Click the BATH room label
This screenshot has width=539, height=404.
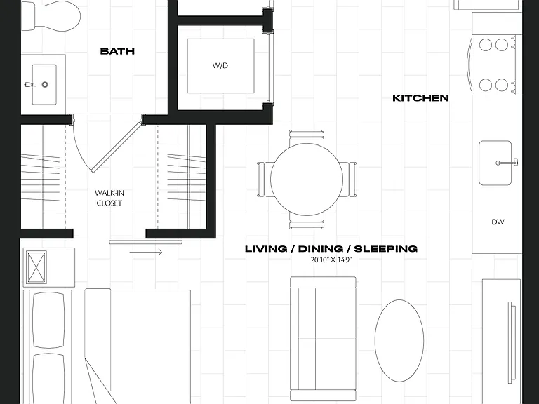(117, 51)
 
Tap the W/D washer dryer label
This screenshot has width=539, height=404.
(220, 66)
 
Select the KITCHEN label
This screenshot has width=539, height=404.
(421, 98)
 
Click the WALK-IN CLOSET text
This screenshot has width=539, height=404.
(109, 198)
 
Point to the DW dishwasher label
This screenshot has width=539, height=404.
(498, 222)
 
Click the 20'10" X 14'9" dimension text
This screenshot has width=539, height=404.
(331, 260)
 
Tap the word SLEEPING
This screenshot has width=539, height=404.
(386, 249)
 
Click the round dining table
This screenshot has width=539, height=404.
(307, 180)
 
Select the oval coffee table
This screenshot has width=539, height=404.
(399, 340)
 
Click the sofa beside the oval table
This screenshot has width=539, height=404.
(323, 339)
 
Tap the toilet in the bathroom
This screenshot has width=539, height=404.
(51, 15)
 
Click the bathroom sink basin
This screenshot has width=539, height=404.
(44, 84)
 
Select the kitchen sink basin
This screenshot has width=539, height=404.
(495, 163)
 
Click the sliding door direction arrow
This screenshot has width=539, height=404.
(146, 252)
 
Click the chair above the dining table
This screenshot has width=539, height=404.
(307, 137)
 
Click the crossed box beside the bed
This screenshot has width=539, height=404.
(36, 268)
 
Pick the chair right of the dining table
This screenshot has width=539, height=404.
(349, 180)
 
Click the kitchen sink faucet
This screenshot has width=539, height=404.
(507, 163)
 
